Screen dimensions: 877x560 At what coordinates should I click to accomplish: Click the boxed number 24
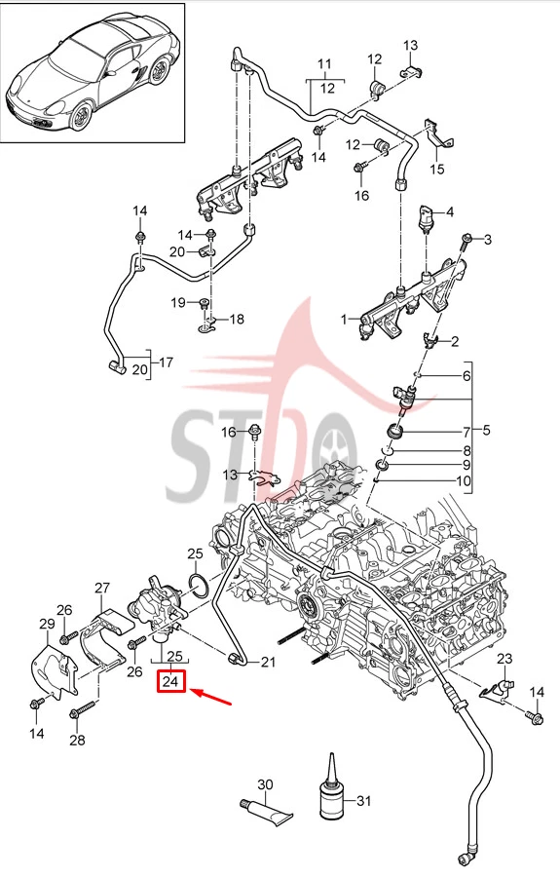171,682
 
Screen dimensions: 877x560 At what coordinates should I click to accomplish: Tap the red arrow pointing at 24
213,701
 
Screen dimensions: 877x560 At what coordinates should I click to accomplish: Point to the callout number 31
363,802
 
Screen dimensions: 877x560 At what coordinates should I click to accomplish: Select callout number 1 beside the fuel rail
343,319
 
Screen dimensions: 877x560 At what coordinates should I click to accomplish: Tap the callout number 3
489,240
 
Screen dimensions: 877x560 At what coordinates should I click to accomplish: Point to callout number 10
464,481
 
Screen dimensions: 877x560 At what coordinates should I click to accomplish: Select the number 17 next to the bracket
166,362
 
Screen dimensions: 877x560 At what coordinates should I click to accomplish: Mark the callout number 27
102,588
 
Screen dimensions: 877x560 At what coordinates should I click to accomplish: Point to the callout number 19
177,303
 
